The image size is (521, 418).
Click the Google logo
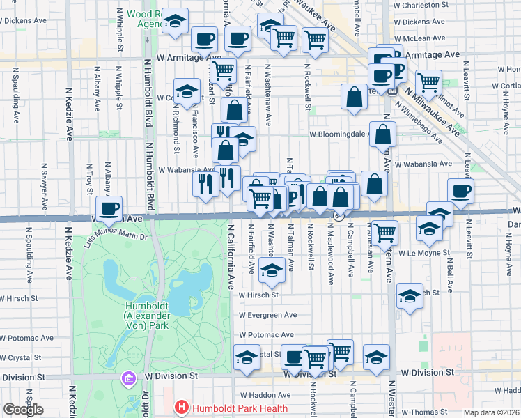pyautogui.click(x=23, y=410)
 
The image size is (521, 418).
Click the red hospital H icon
pyautogui.click(x=181, y=407)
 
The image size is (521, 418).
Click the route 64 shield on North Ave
pyautogui.click(x=338, y=217)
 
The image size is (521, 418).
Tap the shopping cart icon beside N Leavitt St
pyautogui.click(x=429, y=82)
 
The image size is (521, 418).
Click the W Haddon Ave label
pyautogui.click(x=260, y=394)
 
